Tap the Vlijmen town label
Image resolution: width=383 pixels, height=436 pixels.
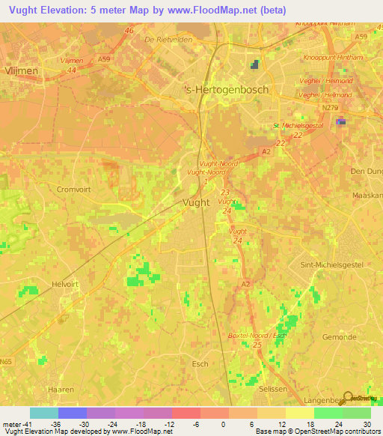pos(21,70)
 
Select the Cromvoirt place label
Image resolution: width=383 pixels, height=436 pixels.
pos(73,190)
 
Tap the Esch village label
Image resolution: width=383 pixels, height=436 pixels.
pos(200,364)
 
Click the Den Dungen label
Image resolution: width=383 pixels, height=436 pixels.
pos(366,171)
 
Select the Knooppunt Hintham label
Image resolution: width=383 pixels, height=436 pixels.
pos(332,57)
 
